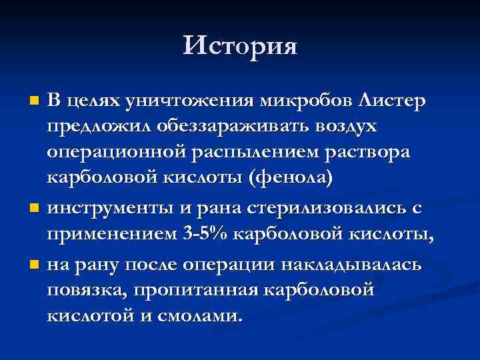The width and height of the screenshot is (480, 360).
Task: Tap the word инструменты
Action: tap(109, 208)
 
